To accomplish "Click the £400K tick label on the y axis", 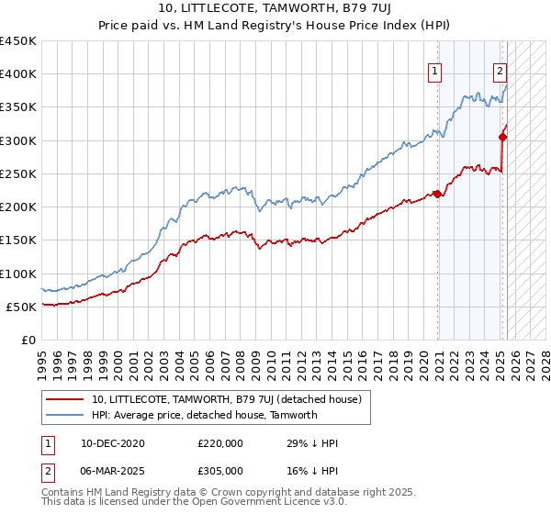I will (18, 74).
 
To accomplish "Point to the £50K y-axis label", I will (22, 307).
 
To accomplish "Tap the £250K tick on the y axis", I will (18, 173).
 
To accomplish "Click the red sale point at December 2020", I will (438, 194).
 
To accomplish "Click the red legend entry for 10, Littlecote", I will (227, 399).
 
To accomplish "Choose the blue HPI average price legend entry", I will (204, 415).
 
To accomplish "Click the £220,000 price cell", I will (220, 443).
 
